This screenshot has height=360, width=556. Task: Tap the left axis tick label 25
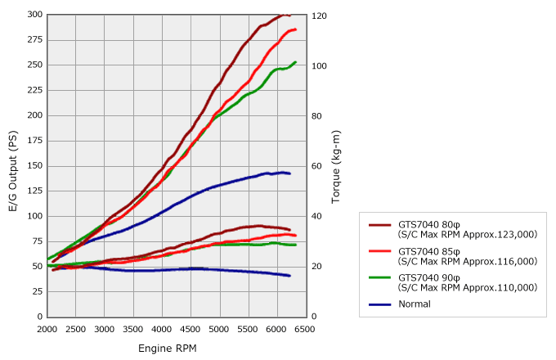coord(36,291)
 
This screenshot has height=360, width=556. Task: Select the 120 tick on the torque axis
coord(320,16)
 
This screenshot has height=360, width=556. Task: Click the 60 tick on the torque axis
coord(318,166)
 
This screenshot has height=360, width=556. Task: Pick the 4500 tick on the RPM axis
coord(191,329)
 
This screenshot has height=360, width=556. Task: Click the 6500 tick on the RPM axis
coord(305,329)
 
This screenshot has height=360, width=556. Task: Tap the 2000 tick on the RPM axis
coord(47,329)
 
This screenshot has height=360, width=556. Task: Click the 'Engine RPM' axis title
coord(168,348)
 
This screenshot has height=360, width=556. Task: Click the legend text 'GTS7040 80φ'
coord(428,224)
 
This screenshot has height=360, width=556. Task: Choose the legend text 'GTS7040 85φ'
coord(428,251)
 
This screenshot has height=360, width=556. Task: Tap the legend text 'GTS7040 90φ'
coord(428,277)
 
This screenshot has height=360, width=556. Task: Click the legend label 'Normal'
coord(414,304)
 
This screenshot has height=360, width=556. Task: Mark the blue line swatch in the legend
coord(380,304)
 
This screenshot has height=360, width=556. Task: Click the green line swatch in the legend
coord(380,277)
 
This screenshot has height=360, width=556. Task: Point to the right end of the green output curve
coord(295,62)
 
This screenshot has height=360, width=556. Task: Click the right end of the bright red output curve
coord(295,29)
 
